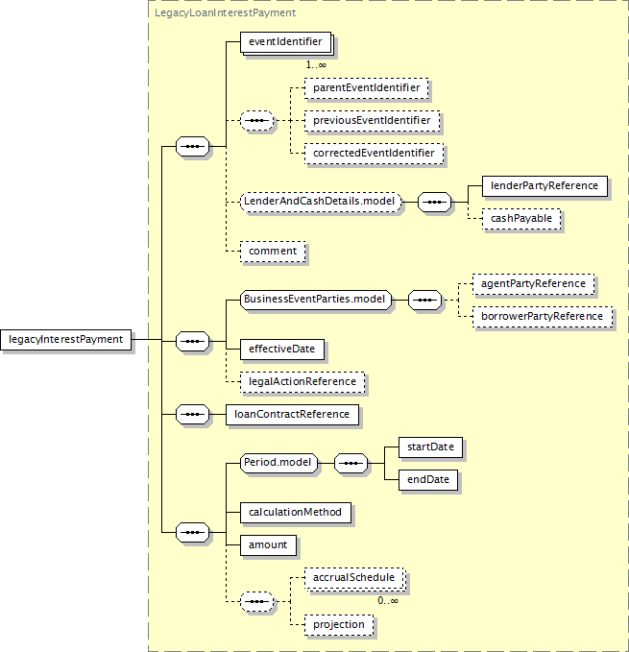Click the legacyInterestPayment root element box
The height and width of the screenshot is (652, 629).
click(65, 340)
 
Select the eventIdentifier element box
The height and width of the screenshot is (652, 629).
click(286, 42)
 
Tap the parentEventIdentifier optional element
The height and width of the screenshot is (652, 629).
click(366, 88)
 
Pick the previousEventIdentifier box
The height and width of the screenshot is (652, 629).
click(372, 121)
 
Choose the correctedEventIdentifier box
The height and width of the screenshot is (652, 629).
click(374, 154)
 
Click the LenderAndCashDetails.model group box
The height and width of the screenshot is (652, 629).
click(321, 202)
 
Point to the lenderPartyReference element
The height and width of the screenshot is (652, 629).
click(544, 186)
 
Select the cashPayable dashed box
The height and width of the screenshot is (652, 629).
click(521, 219)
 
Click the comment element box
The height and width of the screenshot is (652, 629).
click(273, 252)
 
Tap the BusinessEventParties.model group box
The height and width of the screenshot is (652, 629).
click(316, 300)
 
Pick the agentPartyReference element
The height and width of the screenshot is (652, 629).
click(533, 284)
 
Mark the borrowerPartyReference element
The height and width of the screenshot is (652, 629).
click(543, 317)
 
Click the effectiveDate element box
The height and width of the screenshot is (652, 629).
click(282, 350)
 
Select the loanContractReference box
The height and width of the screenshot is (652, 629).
click(292, 415)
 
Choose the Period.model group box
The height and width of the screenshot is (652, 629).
click(278, 463)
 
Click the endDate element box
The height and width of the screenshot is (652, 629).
click(428, 480)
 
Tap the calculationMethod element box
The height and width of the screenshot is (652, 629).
click(296, 513)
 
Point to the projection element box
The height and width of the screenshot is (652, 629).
click(339, 625)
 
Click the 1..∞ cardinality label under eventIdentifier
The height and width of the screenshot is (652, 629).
click(316, 65)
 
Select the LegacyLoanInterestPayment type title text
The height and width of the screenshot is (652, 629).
click(226, 12)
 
